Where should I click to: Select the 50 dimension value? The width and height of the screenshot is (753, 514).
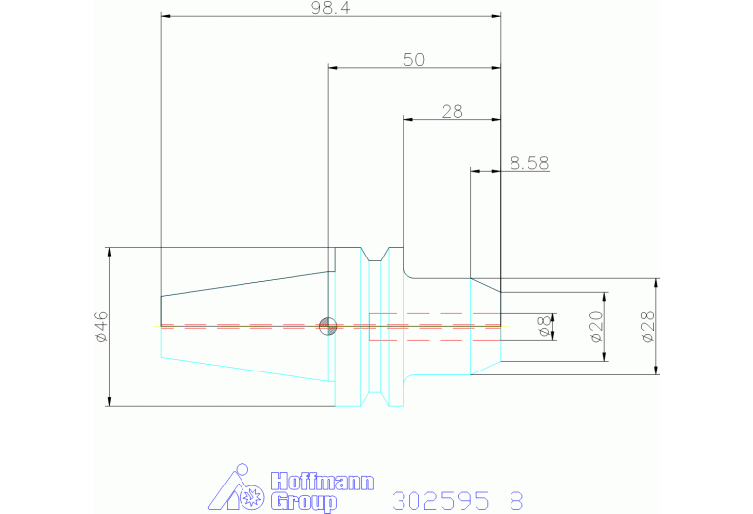[x=413, y=59]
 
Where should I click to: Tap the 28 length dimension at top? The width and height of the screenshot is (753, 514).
[x=452, y=111]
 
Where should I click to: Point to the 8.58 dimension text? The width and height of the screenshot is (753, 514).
[x=529, y=163]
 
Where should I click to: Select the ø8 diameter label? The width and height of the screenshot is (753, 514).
[x=546, y=327]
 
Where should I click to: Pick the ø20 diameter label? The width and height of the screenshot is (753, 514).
[x=595, y=325]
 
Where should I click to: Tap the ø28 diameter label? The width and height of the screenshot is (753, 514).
[x=647, y=325]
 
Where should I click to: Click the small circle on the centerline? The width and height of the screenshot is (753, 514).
[x=329, y=326]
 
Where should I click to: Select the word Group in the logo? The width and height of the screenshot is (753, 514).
[x=302, y=502]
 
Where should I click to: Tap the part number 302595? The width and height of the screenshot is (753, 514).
[x=440, y=501]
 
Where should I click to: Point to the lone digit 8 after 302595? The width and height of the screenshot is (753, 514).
[x=516, y=501]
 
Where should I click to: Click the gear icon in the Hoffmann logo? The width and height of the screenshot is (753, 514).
[x=252, y=497]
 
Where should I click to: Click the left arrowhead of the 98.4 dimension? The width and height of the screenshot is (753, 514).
[x=166, y=16]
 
